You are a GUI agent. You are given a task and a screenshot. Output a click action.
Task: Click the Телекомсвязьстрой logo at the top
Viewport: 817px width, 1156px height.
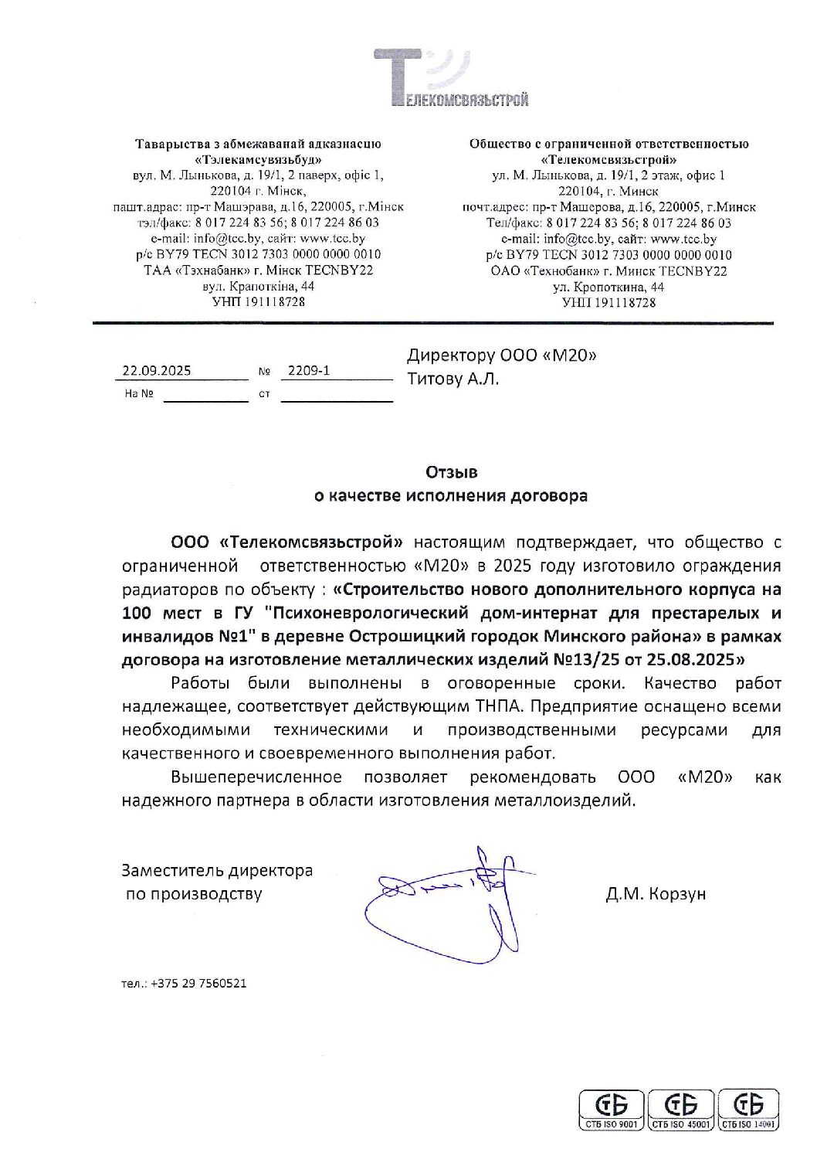pos(452,77)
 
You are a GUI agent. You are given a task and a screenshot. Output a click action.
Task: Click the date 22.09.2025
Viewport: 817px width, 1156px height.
pos(157,370)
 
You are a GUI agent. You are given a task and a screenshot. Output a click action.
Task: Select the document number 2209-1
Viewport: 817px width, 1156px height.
pos(308,370)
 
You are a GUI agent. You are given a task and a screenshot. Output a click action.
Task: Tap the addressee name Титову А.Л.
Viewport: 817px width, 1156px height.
pos(453,379)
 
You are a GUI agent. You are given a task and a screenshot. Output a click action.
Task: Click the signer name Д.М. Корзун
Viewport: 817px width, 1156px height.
pos(656,894)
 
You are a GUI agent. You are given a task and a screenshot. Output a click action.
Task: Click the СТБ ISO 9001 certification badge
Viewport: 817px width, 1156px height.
pos(612,1111)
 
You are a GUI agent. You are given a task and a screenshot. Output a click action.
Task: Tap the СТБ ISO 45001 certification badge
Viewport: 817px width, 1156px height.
pos(680,1111)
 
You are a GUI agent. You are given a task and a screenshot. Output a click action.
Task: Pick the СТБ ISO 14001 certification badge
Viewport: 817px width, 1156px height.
pos(748,1111)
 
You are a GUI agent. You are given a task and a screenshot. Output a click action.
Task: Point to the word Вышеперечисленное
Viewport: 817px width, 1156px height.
pos(256,777)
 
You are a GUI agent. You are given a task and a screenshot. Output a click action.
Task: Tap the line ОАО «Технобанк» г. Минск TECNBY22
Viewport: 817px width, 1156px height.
pos(609,271)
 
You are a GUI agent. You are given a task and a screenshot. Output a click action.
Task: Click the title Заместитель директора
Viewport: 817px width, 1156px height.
pos(217,870)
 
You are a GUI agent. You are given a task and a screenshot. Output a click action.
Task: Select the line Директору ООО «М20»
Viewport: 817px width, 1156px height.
pos(502,355)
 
